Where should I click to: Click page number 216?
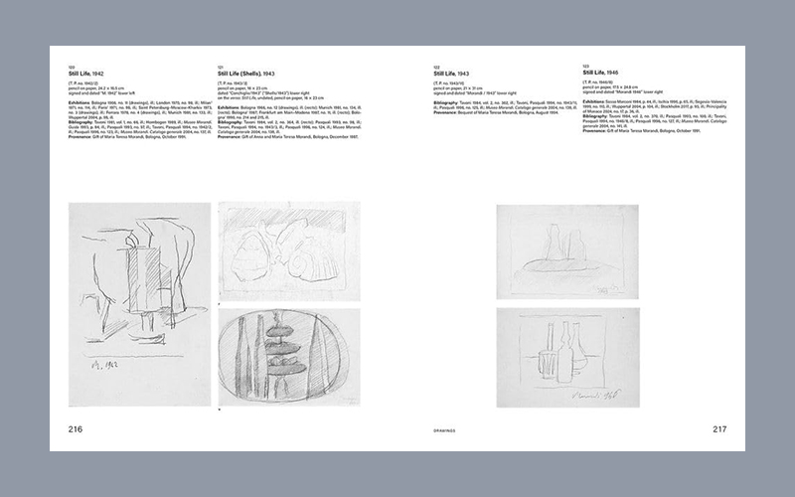(x=75, y=429)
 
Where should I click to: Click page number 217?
(x=719, y=429)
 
